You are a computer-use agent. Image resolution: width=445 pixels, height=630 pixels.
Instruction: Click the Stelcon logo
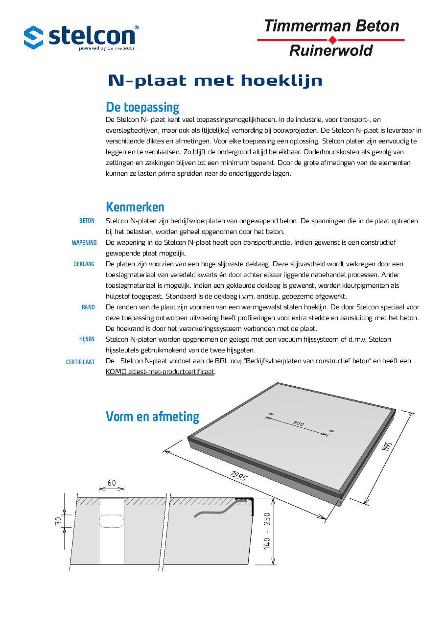tap(81, 37)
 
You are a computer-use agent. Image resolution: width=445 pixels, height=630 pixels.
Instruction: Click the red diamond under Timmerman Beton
tap(332, 40)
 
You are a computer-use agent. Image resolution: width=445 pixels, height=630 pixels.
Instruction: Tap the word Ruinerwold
tap(331, 50)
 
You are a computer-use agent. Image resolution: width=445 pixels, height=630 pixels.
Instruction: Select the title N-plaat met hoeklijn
tap(215, 81)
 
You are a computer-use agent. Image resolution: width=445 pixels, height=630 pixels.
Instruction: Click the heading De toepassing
tap(142, 107)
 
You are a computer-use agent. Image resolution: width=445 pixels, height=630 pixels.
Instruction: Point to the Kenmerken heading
tap(135, 207)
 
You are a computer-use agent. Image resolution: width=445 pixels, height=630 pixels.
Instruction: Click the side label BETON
tap(87, 221)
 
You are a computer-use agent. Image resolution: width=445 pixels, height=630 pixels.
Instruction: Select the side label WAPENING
tap(84, 243)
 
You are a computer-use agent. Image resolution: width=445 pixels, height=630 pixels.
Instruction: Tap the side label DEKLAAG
tap(84, 264)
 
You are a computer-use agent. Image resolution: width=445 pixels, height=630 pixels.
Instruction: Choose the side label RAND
tap(88, 307)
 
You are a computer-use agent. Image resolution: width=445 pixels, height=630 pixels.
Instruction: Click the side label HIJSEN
tap(87, 340)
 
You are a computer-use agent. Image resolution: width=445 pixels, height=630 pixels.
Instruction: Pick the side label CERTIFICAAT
tap(80, 362)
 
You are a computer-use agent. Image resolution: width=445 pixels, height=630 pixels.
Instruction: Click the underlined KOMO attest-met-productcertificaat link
tap(160, 372)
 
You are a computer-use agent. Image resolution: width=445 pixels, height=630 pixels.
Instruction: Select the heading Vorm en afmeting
tap(152, 417)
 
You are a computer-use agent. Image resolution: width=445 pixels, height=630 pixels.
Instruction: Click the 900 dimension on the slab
tap(299, 423)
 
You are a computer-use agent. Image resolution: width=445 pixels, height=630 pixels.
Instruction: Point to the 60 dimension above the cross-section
tap(112, 483)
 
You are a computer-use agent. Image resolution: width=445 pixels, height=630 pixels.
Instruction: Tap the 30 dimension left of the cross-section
tap(58, 522)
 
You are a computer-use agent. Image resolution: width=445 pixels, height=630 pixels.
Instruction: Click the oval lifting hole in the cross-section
tap(112, 521)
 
